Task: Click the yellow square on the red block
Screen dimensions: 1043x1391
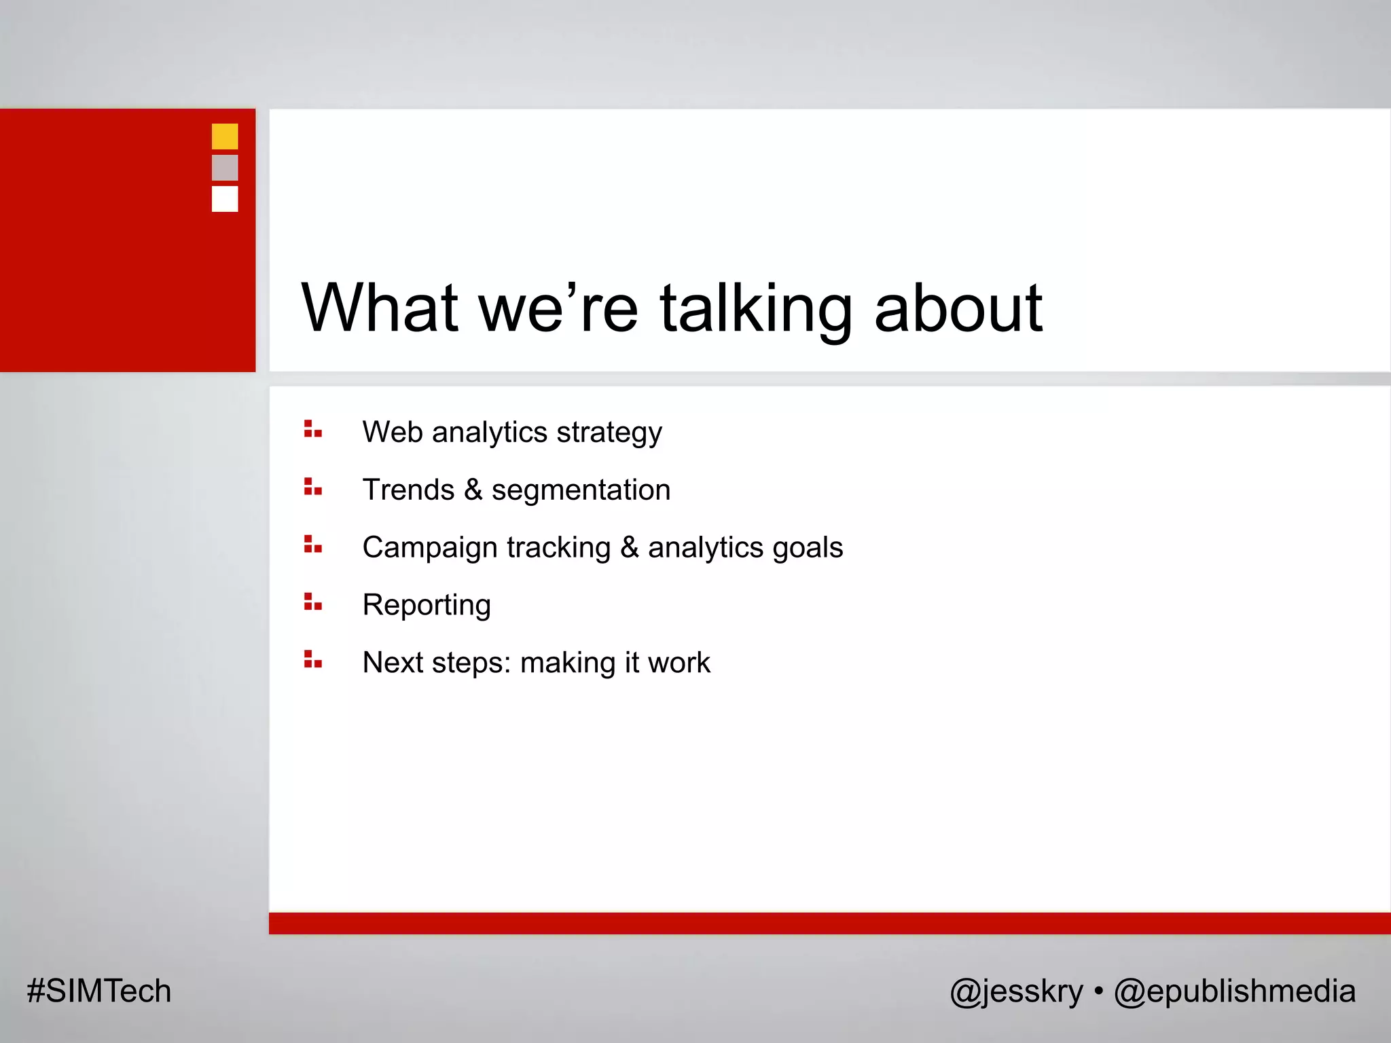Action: (x=225, y=136)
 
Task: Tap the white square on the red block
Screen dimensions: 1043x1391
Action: (x=225, y=199)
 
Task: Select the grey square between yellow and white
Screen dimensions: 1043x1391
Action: (x=225, y=168)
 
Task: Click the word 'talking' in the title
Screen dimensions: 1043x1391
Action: (x=755, y=309)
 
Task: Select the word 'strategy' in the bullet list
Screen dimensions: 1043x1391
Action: (x=609, y=433)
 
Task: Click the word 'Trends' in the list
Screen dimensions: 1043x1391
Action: (x=408, y=490)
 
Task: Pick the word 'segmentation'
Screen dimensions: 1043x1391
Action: (x=581, y=490)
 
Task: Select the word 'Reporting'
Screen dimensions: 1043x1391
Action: (x=427, y=606)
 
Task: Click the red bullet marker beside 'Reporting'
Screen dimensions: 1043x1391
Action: (x=312, y=602)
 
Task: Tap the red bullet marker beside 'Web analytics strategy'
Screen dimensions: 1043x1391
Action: (x=312, y=429)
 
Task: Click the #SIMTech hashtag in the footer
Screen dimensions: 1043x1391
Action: (x=99, y=991)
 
